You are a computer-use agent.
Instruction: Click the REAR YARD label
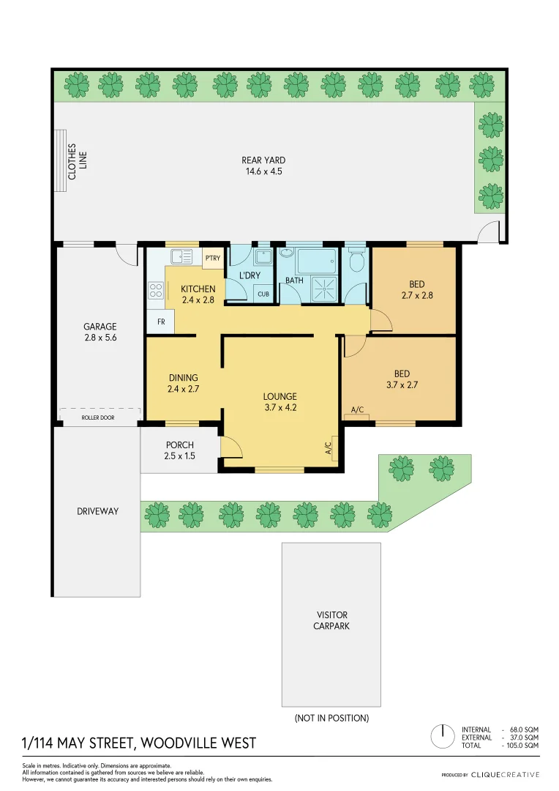point(263,166)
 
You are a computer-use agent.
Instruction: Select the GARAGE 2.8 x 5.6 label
point(100,333)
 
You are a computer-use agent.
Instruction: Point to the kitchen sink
point(181,257)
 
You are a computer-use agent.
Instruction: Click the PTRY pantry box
point(213,259)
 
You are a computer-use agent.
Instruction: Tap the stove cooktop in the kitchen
point(156,291)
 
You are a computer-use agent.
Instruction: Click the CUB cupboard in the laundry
point(263,294)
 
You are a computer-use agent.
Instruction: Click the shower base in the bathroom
point(323,289)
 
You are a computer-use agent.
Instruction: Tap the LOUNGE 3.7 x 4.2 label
point(280,403)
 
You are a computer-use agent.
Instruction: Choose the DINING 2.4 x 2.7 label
point(184,384)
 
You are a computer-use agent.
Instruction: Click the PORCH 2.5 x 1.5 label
point(180,450)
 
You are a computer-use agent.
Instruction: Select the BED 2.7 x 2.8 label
point(416,290)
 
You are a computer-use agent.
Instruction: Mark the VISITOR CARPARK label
point(331,620)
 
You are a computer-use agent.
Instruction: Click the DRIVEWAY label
point(97,511)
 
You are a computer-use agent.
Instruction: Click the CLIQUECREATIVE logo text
point(505,774)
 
